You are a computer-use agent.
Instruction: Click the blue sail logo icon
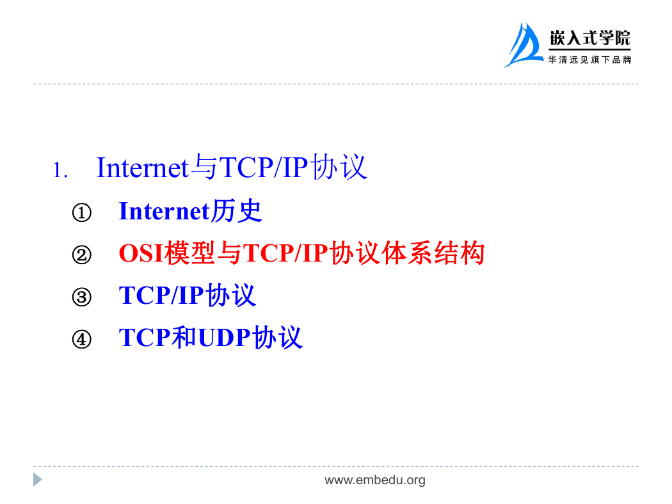[x=524, y=45]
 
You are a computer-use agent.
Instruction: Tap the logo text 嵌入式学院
[x=589, y=38]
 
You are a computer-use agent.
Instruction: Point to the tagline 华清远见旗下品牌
[x=589, y=60]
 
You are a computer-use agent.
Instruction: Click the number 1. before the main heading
[x=60, y=170]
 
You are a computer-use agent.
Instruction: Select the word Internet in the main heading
[x=143, y=167]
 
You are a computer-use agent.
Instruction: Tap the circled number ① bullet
[x=81, y=212]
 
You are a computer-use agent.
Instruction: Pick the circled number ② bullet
[x=81, y=255]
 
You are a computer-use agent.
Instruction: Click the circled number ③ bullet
[x=81, y=297]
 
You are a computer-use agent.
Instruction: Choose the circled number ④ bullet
[x=81, y=339]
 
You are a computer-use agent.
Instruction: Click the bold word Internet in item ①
[x=164, y=211]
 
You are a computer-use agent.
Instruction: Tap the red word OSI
[x=141, y=253]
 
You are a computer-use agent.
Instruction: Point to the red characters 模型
[x=189, y=253]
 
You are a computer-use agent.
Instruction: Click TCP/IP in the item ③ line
[x=161, y=295]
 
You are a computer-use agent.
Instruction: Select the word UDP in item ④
[x=224, y=338]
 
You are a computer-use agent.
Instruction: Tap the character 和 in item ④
[x=184, y=337]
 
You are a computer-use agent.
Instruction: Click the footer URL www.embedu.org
[x=375, y=480]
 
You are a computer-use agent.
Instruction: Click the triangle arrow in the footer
[x=38, y=480]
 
